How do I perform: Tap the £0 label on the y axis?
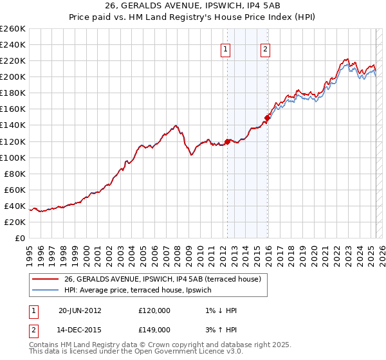coord(20,238)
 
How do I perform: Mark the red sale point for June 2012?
coord(227,141)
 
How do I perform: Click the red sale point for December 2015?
coord(266,118)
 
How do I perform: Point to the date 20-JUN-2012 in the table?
coord(80,310)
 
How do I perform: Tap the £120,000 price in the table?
coord(154,310)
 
